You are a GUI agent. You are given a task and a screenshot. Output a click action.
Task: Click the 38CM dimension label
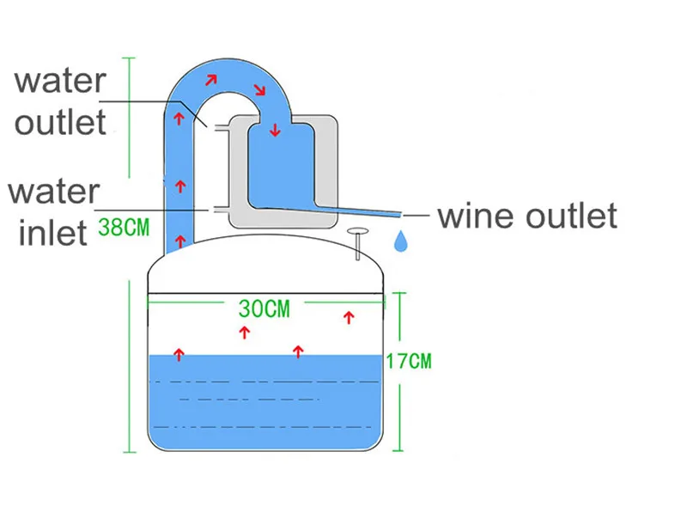pos(125,229)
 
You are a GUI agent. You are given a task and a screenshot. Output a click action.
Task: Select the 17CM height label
pos(407,361)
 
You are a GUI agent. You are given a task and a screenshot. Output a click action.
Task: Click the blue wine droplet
pos(401,241)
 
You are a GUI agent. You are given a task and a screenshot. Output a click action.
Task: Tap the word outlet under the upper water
pos(60,122)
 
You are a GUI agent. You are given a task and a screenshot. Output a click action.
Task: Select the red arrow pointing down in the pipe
pos(274,131)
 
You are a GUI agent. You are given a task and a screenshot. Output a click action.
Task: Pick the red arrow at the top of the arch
pos(210,80)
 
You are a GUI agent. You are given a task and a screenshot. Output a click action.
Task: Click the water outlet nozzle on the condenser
pos(217,127)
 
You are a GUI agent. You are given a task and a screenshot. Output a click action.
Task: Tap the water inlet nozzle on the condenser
pos(217,209)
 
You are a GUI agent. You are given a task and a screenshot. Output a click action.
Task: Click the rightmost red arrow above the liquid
pos(349,318)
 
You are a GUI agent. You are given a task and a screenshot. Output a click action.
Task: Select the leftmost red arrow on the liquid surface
pos(179,353)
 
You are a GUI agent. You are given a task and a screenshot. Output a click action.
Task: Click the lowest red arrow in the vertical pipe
pos(180,237)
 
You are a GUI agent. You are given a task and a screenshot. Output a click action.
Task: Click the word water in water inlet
pos(54,191)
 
